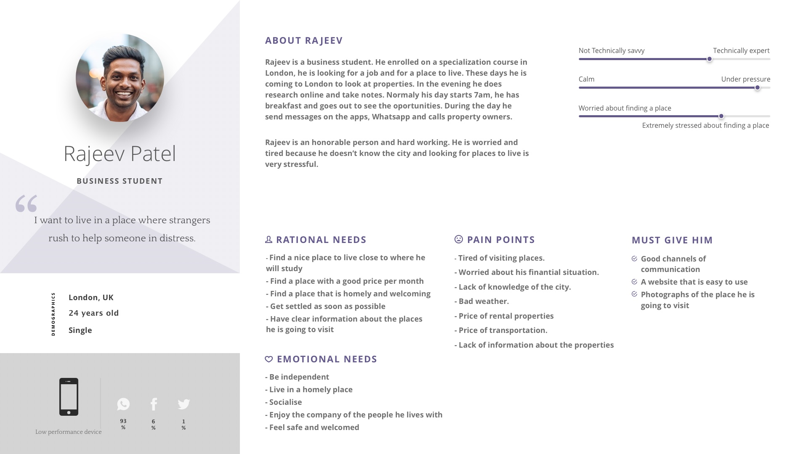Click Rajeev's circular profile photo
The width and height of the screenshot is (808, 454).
tap(120, 78)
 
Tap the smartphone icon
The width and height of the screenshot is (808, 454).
tap(69, 396)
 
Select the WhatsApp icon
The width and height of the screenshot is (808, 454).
tap(123, 404)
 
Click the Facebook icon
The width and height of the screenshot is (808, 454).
tap(154, 404)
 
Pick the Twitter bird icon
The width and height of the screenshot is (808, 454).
tap(183, 404)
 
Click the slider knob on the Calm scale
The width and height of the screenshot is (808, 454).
tap(757, 88)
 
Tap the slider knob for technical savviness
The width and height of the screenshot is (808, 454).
tap(710, 59)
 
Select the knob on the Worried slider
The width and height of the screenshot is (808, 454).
tap(721, 116)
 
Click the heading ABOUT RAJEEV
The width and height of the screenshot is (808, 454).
tap(304, 40)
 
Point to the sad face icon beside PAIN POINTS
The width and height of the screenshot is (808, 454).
tap(459, 239)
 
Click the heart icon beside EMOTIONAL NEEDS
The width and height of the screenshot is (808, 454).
tap(269, 359)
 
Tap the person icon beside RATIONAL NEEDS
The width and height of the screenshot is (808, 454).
tap(269, 239)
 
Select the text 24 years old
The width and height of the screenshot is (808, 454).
tap(94, 313)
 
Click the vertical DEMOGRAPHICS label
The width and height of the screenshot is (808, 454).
tap(53, 314)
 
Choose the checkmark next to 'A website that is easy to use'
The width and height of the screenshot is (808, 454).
tap(635, 282)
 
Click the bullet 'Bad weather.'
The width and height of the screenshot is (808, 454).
tap(483, 301)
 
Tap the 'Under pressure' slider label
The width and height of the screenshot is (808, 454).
tap(745, 79)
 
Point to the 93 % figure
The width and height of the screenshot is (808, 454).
tap(123, 424)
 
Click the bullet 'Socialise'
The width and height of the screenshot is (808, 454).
tap(285, 402)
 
